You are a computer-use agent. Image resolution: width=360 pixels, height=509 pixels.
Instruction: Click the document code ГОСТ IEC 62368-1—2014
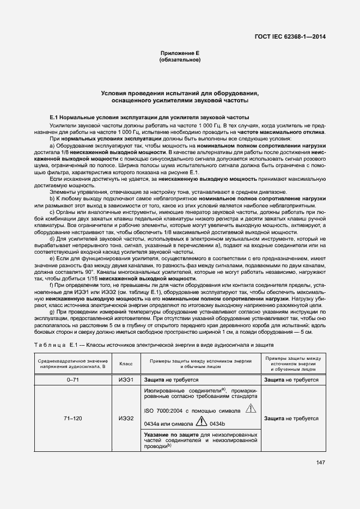pos(294,36)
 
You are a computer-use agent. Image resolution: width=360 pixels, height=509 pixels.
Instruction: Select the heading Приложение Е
pos(180,53)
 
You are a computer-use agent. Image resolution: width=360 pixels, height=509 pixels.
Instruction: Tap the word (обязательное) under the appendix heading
pos(180,59)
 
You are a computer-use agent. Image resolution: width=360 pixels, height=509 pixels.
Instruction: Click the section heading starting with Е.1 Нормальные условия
pos(149,117)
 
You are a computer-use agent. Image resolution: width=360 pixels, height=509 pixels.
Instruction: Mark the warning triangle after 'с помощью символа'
pos(250,408)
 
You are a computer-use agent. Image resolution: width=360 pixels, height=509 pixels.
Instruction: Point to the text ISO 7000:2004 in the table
pos(164,410)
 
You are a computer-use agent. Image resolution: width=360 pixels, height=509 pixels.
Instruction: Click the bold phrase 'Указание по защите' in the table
pos(169,434)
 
